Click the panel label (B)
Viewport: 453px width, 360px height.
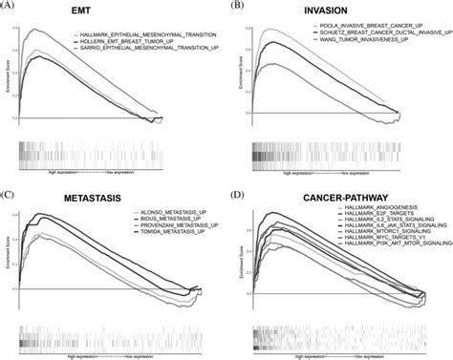[x=237, y=6]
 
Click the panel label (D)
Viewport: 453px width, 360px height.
[x=237, y=186]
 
